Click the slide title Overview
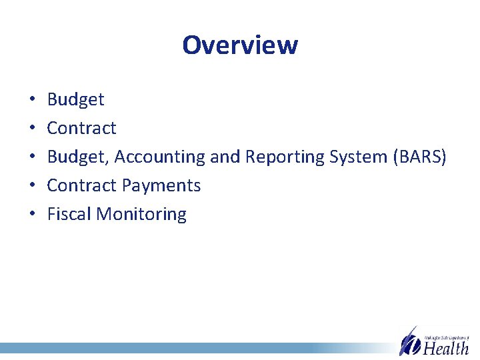click(x=240, y=45)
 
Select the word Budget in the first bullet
click(x=75, y=99)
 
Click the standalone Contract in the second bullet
click(x=81, y=128)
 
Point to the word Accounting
click(x=161, y=157)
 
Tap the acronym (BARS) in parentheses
click(x=421, y=157)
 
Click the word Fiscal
click(x=69, y=214)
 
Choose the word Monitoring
click(x=141, y=214)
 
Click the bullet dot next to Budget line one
click(x=32, y=100)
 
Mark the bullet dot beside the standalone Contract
click(x=32, y=129)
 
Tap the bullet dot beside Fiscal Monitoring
click(x=32, y=215)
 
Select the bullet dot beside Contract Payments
click(x=32, y=186)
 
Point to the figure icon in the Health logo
click(x=409, y=341)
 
